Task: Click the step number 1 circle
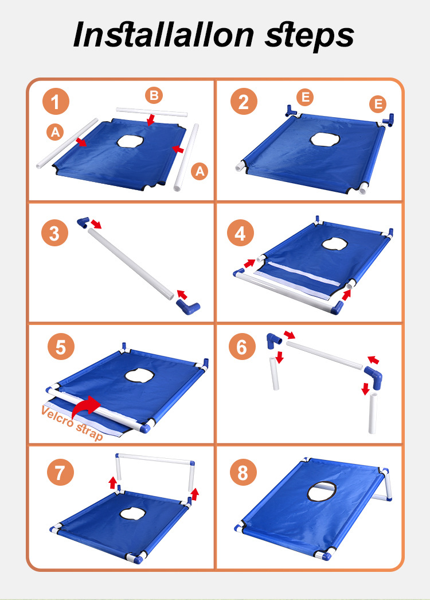(56, 102)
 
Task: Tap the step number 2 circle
(244, 102)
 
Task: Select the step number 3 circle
(55, 233)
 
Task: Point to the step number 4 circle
(240, 233)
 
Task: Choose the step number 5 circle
(61, 347)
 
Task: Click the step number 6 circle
(242, 347)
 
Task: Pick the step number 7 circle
(60, 473)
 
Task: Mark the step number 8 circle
(243, 473)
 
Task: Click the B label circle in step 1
(154, 95)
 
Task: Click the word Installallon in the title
(163, 34)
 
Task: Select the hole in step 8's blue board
(322, 491)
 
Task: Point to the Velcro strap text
(72, 423)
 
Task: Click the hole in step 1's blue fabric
(130, 141)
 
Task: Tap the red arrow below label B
(151, 119)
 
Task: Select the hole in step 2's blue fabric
(325, 139)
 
